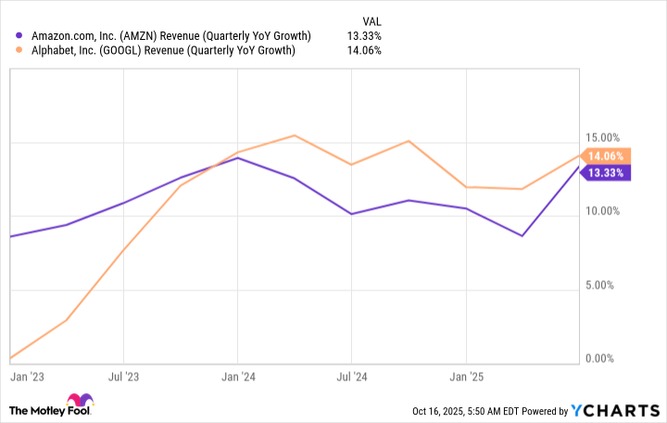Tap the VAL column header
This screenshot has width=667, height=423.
point(371,19)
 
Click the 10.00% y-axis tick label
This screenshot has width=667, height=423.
point(607,211)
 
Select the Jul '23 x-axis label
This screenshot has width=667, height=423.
point(123,378)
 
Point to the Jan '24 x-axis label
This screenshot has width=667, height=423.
point(238,378)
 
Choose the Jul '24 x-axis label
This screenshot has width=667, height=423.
point(350,378)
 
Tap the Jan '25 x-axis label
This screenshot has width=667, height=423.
point(466,378)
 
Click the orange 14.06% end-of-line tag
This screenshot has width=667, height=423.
point(606,157)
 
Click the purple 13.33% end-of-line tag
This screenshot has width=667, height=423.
point(606,173)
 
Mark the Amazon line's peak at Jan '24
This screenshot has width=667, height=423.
point(238,158)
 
